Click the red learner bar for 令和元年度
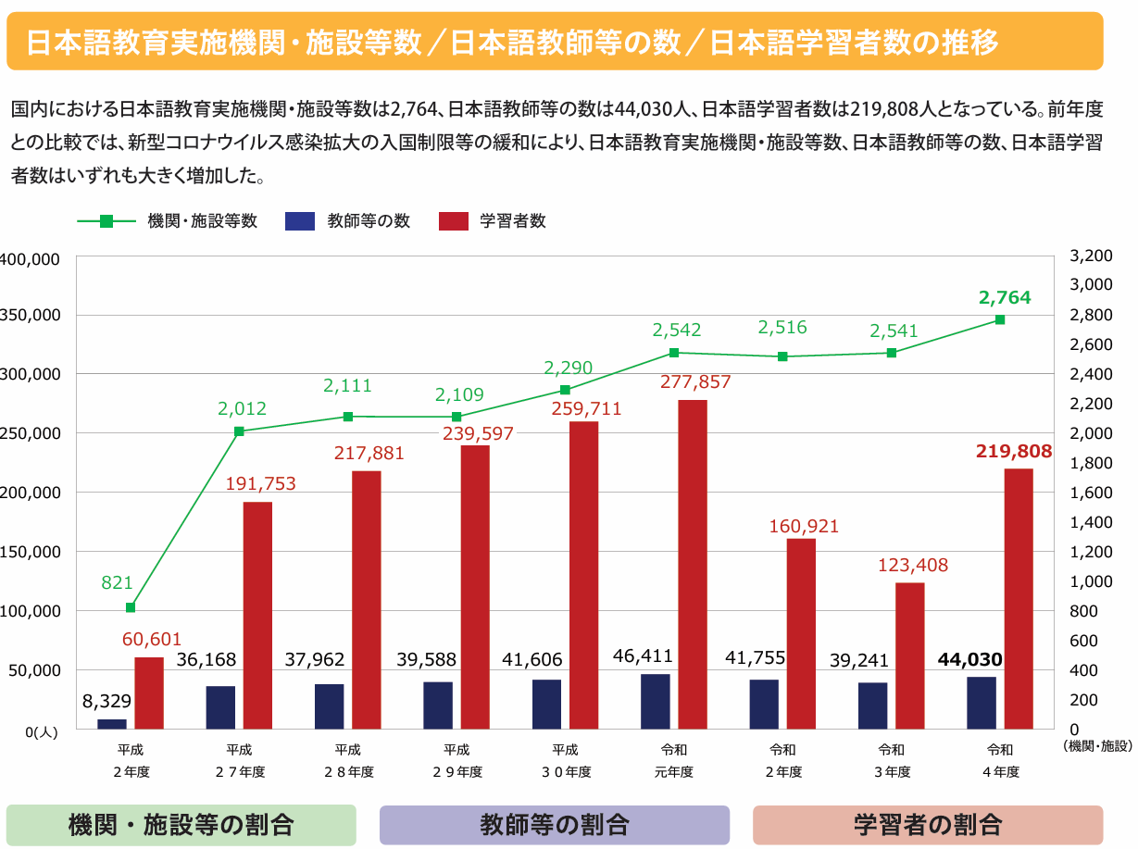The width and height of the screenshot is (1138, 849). point(693,564)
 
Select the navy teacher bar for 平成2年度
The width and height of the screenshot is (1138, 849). point(112,724)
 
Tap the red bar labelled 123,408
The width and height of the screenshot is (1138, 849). point(910,655)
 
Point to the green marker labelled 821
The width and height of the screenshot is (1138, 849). point(131,607)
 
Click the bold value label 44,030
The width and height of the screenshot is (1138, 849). point(969,659)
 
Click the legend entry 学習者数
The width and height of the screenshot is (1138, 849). point(492,222)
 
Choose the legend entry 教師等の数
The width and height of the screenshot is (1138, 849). point(347,222)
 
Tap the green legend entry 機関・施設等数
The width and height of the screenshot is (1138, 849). point(167,222)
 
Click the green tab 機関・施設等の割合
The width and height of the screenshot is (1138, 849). point(181,824)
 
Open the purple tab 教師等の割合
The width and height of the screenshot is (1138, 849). point(555,824)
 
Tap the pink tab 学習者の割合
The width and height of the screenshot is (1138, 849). point(928,824)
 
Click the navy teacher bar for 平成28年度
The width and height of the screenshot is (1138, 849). point(330,706)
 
